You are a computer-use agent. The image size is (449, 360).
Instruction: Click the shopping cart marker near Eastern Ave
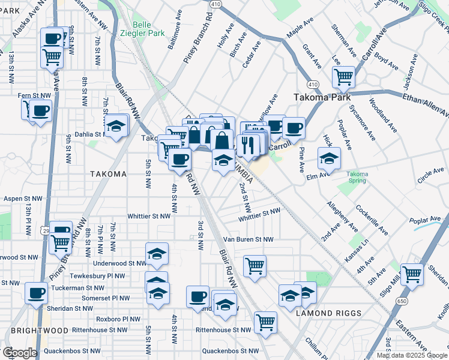412,274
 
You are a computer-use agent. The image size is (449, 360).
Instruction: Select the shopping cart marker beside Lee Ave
343,76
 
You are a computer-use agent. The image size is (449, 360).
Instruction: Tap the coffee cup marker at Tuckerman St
37,293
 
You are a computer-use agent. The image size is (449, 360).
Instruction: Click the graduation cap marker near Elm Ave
329,158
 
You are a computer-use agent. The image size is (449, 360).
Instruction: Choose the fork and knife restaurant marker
248,144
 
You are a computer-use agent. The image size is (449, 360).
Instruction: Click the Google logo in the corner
19,353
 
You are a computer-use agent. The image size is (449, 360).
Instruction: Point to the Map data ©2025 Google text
411,355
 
